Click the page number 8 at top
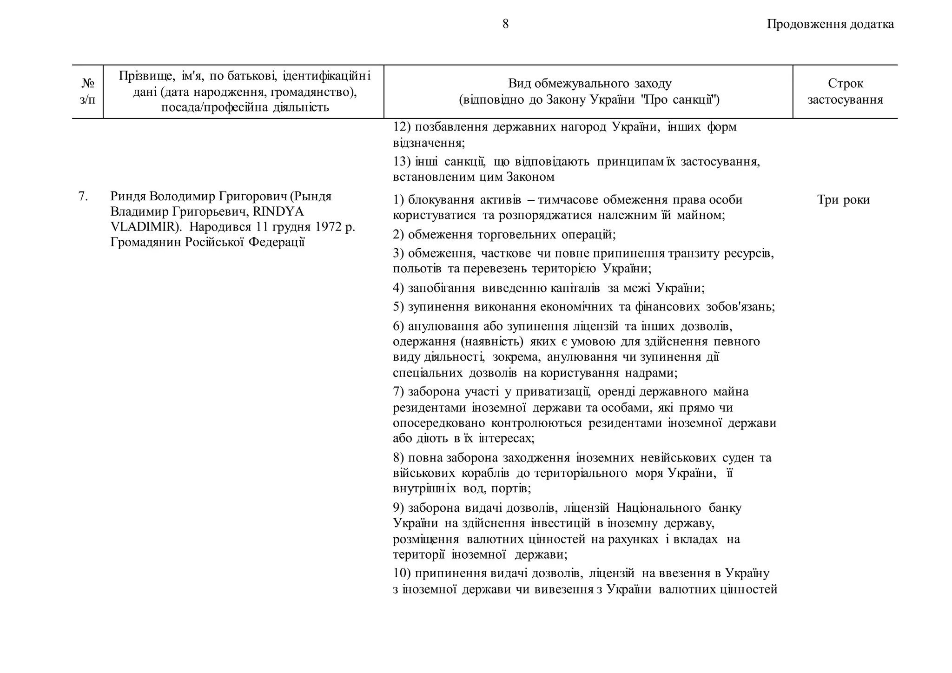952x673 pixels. coord(505,24)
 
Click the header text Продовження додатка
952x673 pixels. coord(830,24)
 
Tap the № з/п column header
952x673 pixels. coord(87,91)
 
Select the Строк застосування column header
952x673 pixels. coord(845,91)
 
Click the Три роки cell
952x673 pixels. coord(843,200)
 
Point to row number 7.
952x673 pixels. coord(83,196)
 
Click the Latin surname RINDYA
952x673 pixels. coord(278,212)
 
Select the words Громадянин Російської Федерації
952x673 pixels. coord(207,243)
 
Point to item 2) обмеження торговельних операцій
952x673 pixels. coord(504,234)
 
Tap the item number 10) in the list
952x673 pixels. coord(402,574)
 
